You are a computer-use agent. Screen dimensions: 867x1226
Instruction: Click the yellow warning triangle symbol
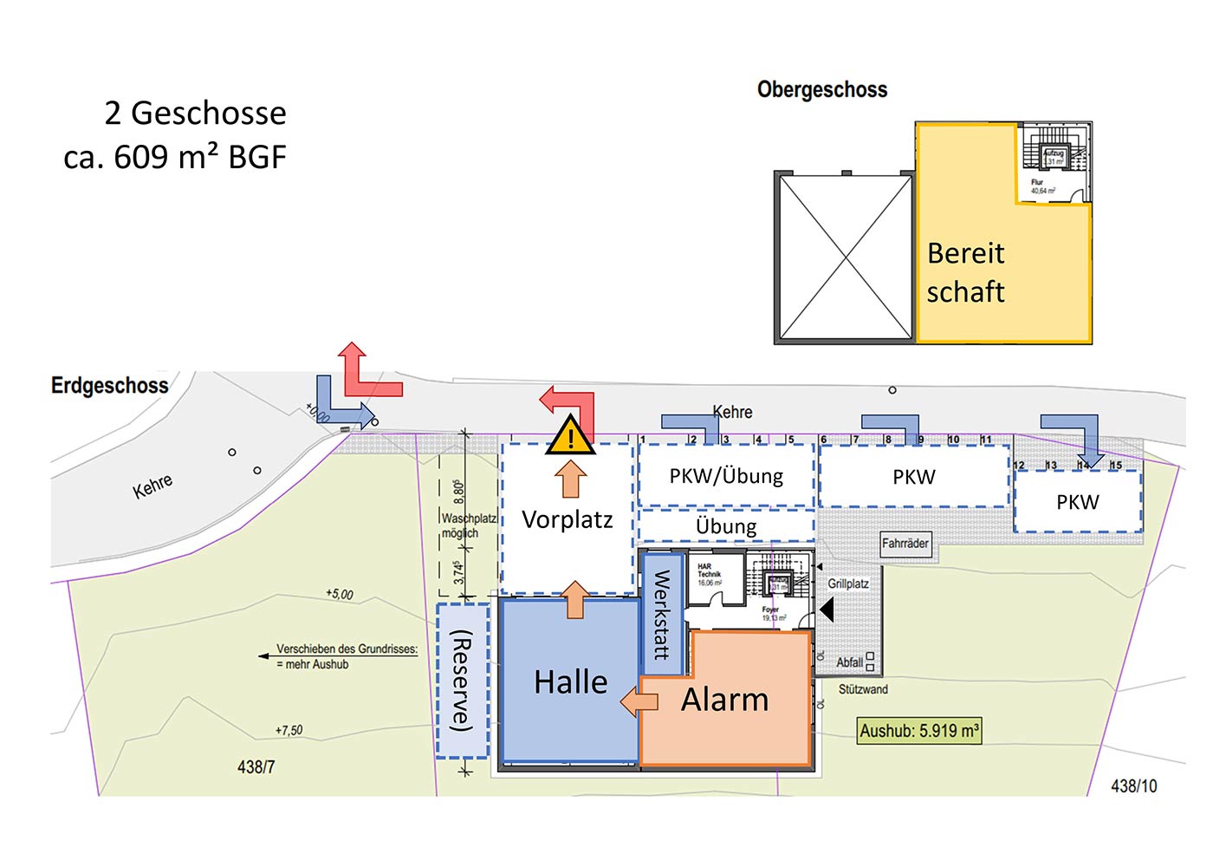pyautogui.click(x=570, y=436)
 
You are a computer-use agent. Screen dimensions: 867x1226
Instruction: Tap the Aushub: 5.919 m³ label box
pyautogui.click(x=919, y=731)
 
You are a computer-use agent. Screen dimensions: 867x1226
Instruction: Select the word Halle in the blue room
pyautogui.click(x=571, y=682)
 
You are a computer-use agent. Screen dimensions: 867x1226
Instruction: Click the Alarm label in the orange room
pyautogui.click(x=725, y=700)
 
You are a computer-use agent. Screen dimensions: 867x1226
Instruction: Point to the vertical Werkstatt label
pyautogui.click(x=662, y=615)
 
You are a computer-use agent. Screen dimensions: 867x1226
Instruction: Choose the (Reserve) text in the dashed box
pyautogui.click(x=463, y=681)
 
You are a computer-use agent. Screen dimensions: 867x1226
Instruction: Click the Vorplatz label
pyautogui.click(x=568, y=519)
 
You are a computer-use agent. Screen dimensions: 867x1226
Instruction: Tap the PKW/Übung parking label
pyautogui.click(x=726, y=476)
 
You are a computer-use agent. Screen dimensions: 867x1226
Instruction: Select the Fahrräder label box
pyautogui.click(x=905, y=544)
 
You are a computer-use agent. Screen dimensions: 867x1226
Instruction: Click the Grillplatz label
pyautogui.click(x=847, y=583)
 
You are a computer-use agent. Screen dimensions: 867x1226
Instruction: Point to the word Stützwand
pyautogui.click(x=863, y=689)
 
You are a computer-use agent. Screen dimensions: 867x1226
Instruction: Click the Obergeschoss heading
pyautogui.click(x=822, y=89)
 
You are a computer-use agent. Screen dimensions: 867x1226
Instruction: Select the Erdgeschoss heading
pyautogui.click(x=110, y=386)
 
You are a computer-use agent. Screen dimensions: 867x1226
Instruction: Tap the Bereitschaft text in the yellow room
pyautogui.click(x=966, y=272)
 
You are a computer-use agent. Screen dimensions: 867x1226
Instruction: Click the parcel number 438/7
pyautogui.click(x=256, y=767)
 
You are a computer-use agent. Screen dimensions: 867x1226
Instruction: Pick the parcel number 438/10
pyautogui.click(x=1134, y=786)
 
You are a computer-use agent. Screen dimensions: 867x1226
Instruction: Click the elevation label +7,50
pyautogui.click(x=289, y=730)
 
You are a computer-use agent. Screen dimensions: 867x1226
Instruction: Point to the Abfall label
pyautogui.click(x=849, y=662)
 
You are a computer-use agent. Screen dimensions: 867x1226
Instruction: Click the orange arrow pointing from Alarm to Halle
pyautogui.click(x=639, y=701)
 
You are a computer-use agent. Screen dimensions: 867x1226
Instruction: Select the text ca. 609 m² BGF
pyautogui.click(x=175, y=157)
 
